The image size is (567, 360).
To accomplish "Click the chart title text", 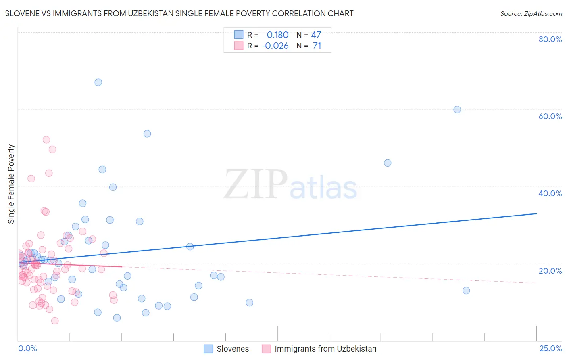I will [x=179, y=13].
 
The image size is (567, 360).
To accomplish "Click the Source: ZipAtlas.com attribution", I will [x=531, y=13].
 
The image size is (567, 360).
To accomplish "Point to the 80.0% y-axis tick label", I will [x=550, y=39].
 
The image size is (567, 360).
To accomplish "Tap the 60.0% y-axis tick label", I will [x=550, y=116].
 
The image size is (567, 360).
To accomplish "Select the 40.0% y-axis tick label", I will [x=550, y=193].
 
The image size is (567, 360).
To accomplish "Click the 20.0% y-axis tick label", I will [x=550, y=271].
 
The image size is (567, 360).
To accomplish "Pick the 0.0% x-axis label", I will [x=27, y=348].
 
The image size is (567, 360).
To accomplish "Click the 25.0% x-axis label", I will [x=550, y=348].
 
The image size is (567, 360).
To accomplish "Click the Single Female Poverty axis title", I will [x=11, y=184].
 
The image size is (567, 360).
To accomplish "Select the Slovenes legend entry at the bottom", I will [x=232, y=349].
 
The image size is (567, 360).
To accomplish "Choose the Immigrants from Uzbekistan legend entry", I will [x=325, y=349].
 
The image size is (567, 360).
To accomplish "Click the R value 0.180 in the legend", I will [x=277, y=35].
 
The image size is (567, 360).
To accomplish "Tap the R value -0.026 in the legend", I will [x=275, y=46].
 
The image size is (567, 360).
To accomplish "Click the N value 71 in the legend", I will [x=317, y=46].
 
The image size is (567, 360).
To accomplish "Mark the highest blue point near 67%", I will [x=98, y=82].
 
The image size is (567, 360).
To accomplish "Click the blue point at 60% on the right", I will [x=457, y=109].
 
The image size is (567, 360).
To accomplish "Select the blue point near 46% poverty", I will [x=388, y=163].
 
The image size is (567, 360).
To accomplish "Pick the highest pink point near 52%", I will [x=46, y=140].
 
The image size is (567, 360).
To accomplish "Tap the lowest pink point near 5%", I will [x=55, y=321].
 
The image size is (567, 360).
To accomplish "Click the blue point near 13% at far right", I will [x=466, y=291].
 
